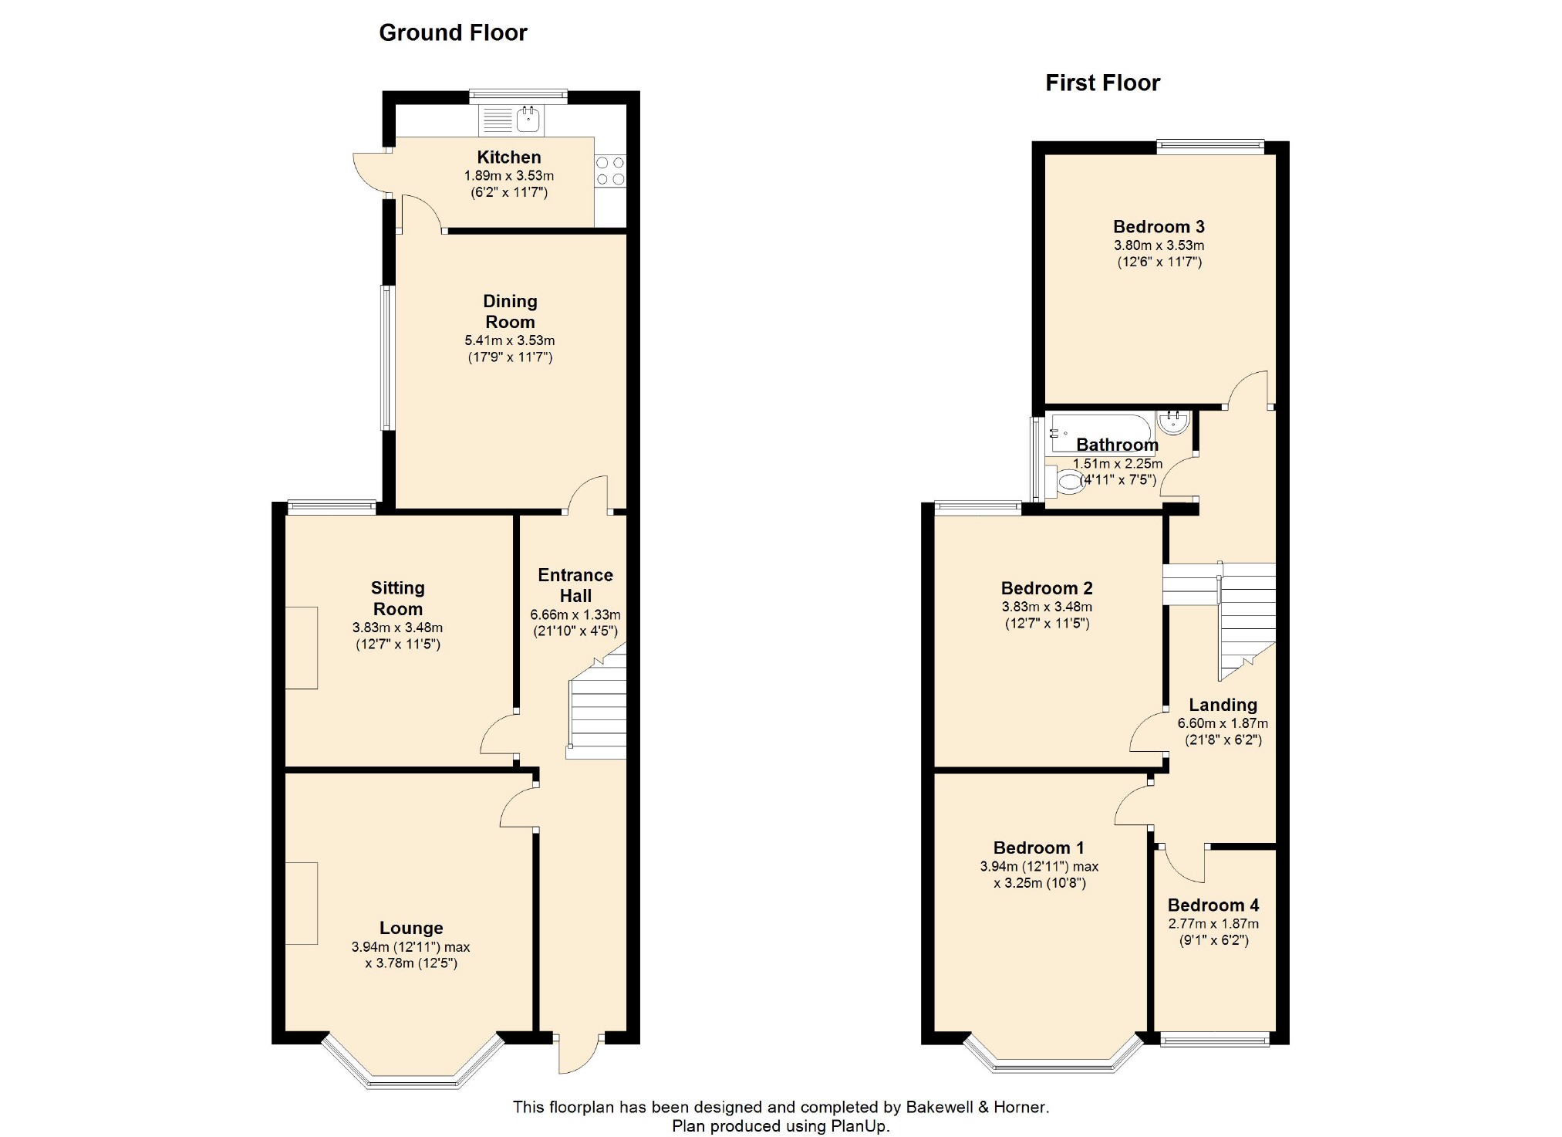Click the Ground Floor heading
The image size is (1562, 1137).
point(453,32)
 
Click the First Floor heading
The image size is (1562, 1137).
point(1102,83)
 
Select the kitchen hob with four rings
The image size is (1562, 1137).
point(610,171)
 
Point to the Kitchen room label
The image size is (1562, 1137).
point(509,157)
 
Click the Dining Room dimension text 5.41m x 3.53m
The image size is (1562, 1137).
point(509,340)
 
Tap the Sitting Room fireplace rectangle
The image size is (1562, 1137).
point(302,648)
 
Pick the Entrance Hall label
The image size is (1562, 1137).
point(575,585)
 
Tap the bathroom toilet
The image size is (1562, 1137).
point(1065,482)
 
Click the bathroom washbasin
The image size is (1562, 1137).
point(1172,422)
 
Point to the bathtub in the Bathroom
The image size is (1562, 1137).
point(1100,433)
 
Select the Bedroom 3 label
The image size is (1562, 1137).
point(1159,227)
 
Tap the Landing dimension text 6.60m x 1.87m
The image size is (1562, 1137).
point(1223,724)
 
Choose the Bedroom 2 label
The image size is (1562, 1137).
point(1047,588)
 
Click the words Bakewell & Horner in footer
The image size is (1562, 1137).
point(976,1107)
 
